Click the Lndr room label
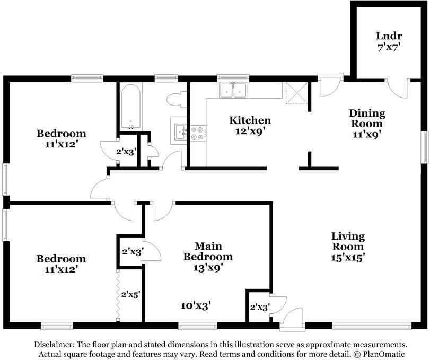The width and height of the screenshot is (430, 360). [389, 36]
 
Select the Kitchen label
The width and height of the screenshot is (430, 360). [250, 120]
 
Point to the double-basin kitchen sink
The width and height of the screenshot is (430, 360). [234, 91]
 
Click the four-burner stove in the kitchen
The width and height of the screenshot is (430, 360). [198, 133]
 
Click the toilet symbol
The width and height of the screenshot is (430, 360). [175, 99]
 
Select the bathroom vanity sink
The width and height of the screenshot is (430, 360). [179, 130]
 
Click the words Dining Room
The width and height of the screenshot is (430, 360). [367, 119]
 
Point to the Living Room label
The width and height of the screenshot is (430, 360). [348, 241]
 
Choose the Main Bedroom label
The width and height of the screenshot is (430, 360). [207, 251]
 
